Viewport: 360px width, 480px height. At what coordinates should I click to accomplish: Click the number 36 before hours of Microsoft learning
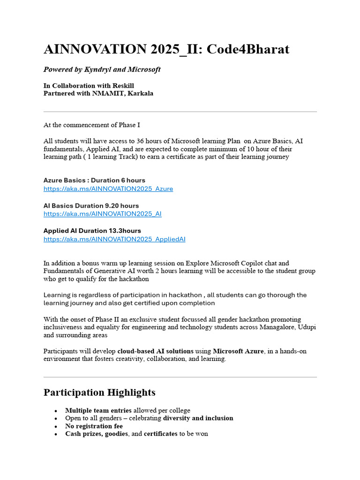pyautogui.click(x=154, y=141)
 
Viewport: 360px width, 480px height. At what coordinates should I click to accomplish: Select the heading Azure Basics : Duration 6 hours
pyautogui.click(x=94, y=180)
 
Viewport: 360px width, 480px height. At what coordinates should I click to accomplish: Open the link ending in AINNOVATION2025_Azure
pyautogui.click(x=108, y=188)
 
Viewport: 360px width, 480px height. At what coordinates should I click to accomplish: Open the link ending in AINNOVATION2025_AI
pyautogui.click(x=103, y=214)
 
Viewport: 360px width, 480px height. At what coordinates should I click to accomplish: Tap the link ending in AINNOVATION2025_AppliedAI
pyautogui.click(x=114, y=239)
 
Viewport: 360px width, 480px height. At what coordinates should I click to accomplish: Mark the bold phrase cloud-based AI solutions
pyautogui.click(x=155, y=351)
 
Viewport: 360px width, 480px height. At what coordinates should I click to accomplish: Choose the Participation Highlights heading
pyautogui.click(x=99, y=392)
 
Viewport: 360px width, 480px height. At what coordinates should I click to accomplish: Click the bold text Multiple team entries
pyautogui.click(x=98, y=410)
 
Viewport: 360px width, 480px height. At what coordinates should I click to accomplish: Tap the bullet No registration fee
pyautogui.click(x=94, y=426)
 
